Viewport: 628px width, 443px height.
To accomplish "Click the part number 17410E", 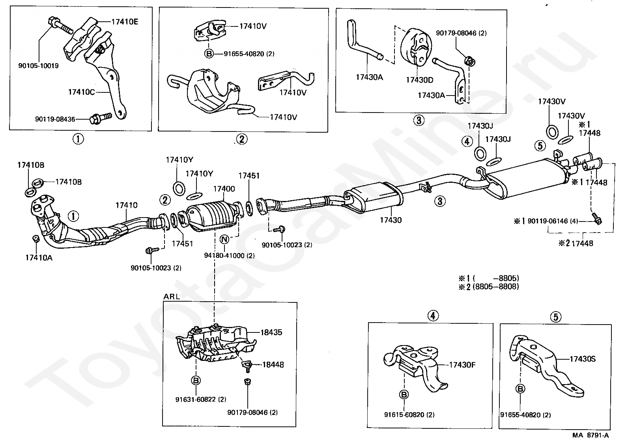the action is (125, 22).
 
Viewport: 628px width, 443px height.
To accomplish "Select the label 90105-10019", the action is (38, 66).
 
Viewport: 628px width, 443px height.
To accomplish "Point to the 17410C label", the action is (82, 92).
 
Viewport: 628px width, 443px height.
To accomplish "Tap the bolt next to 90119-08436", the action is (101, 118).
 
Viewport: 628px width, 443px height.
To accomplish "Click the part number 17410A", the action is (39, 257).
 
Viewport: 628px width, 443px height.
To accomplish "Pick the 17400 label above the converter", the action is (224, 189).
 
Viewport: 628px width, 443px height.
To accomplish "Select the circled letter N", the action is (224, 239).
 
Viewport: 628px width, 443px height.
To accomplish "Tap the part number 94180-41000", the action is (224, 255).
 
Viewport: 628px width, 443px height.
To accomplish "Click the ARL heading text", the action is (172, 297).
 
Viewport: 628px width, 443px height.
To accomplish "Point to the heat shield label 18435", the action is (271, 332).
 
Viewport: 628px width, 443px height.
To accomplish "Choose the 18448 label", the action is (273, 364).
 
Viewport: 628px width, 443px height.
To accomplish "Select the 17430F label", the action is (462, 365).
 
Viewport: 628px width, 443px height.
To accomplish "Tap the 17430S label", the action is (583, 359).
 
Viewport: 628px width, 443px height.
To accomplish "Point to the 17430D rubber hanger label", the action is (419, 80).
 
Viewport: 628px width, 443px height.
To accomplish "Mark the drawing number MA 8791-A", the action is (591, 435).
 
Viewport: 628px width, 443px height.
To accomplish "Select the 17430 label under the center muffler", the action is (391, 220).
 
